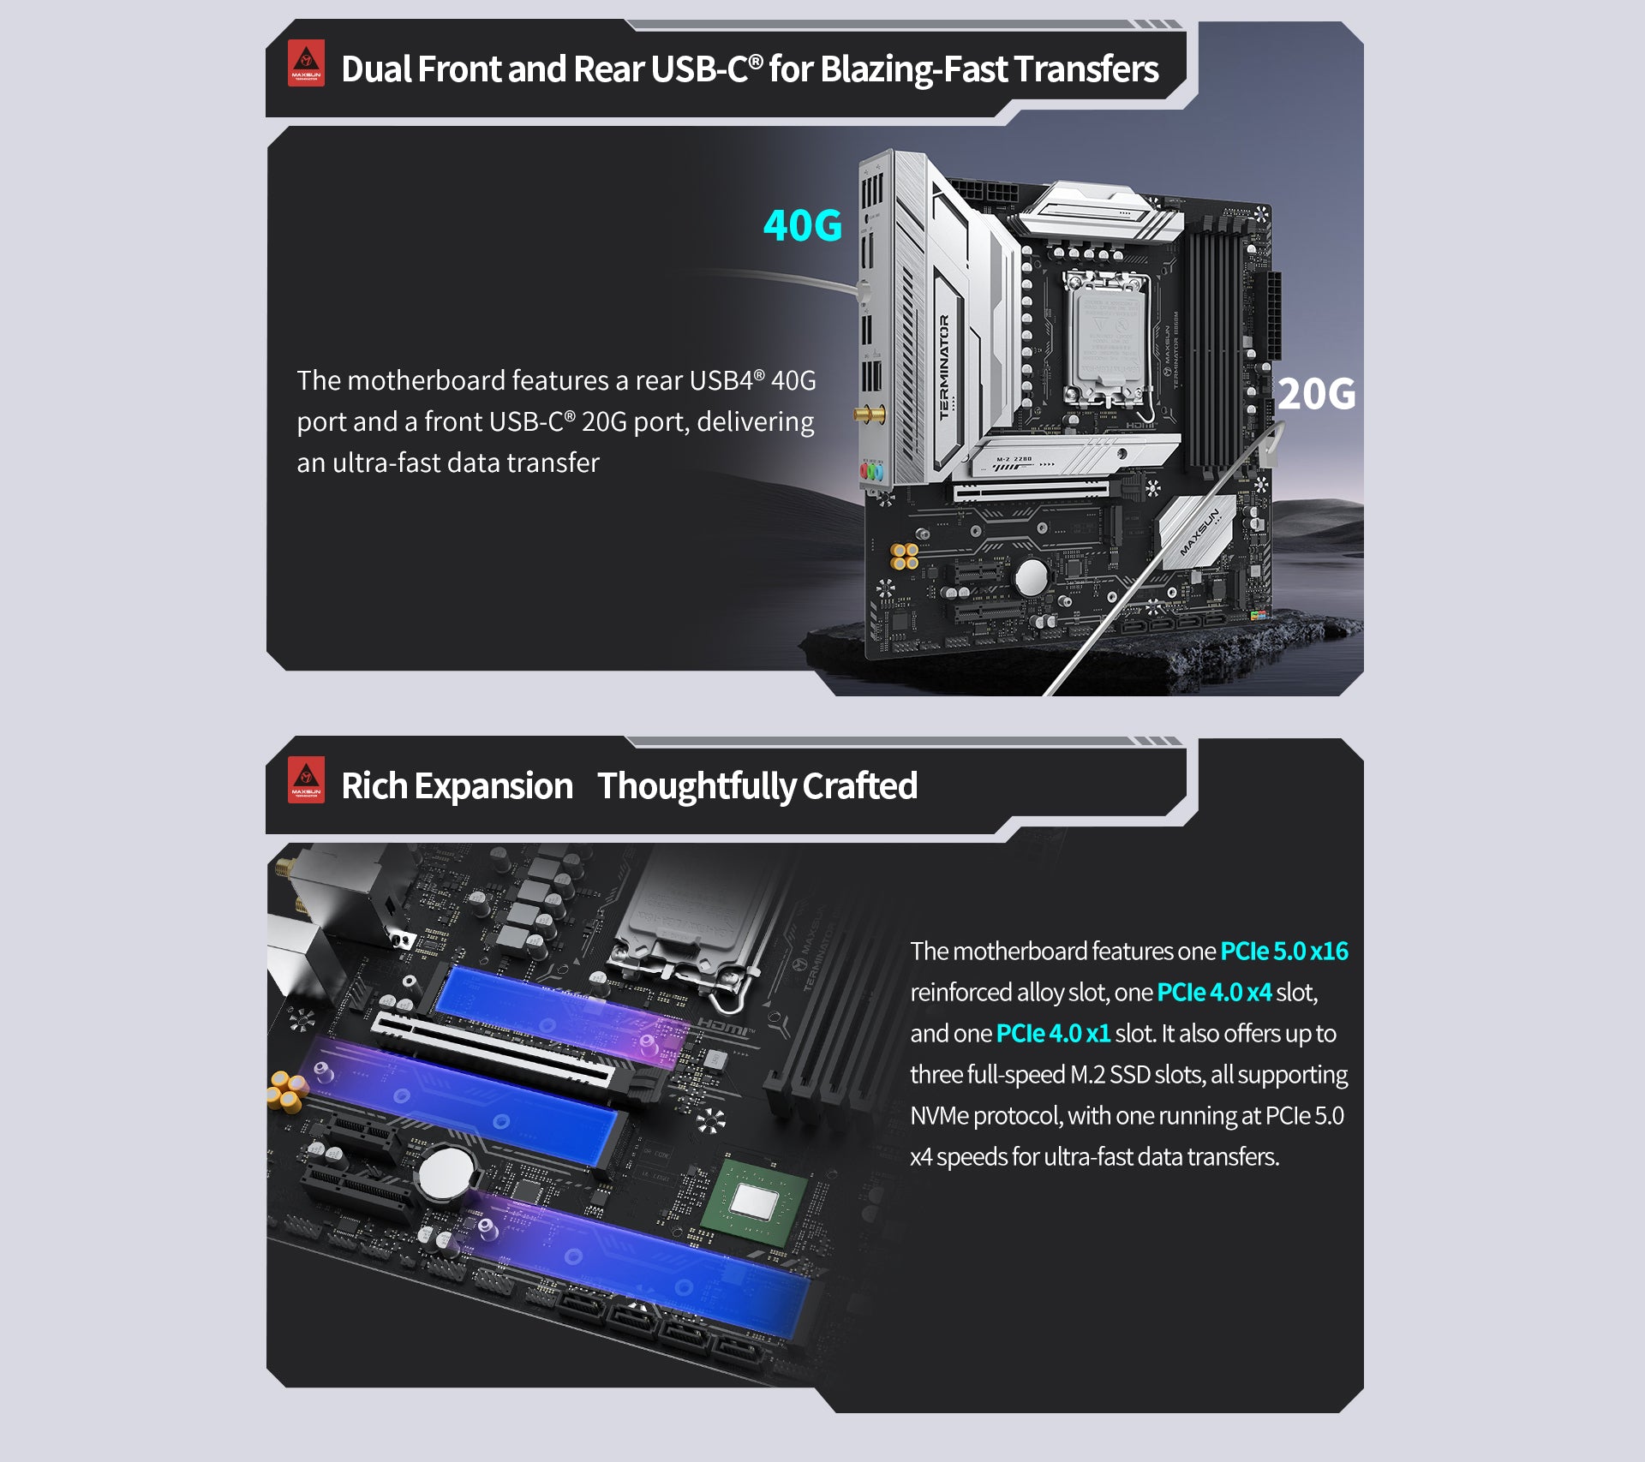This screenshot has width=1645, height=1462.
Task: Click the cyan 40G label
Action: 803,225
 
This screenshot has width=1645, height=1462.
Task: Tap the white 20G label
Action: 1316,394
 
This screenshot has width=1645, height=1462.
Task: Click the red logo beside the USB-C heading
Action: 306,63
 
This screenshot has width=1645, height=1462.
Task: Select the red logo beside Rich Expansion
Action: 306,780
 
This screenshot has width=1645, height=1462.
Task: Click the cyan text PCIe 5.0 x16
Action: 1284,951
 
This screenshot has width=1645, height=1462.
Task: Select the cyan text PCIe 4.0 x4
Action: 1214,992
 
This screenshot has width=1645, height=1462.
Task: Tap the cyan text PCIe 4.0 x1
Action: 1053,1033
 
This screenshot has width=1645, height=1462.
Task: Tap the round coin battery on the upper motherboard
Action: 1031,576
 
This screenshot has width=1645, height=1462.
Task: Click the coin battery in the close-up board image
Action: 446,1172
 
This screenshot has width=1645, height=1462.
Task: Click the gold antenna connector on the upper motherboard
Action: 870,415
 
